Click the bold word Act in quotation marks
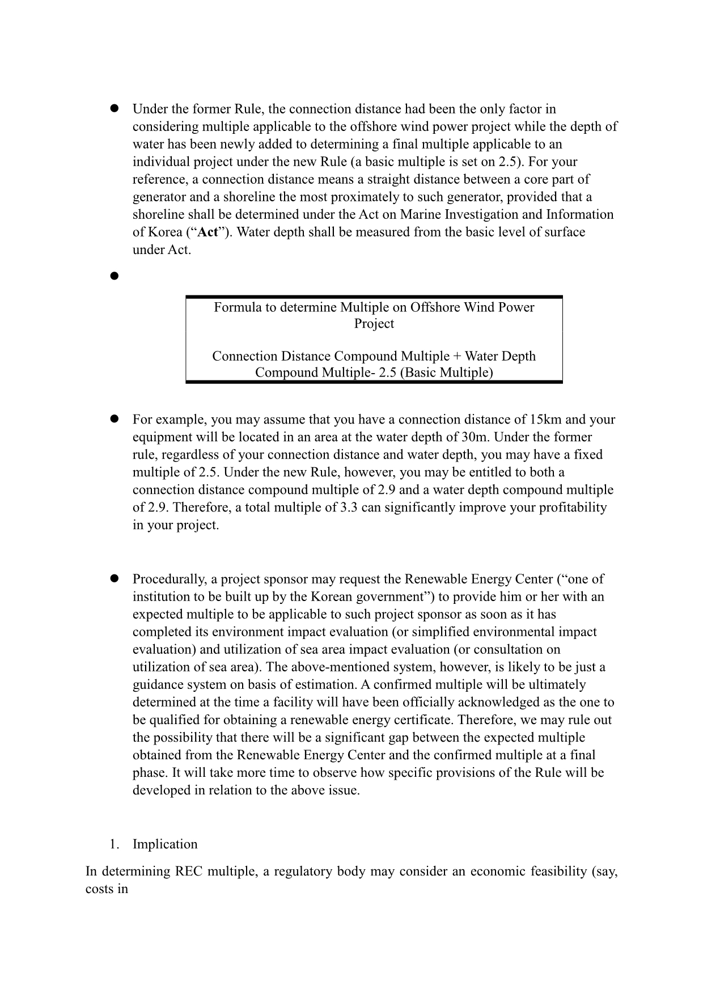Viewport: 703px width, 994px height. click(x=207, y=232)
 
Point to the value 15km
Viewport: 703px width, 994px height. click(x=546, y=420)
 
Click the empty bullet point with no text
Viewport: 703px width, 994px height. click(x=113, y=276)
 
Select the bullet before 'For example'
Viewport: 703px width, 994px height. click(x=113, y=420)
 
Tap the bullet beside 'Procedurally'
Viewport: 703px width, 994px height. click(x=113, y=579)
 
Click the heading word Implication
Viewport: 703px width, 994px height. click(x=165, y=844)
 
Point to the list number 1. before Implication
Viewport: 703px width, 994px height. click(x=115, y=844)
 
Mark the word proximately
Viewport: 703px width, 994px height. click(x=380, y=197)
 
